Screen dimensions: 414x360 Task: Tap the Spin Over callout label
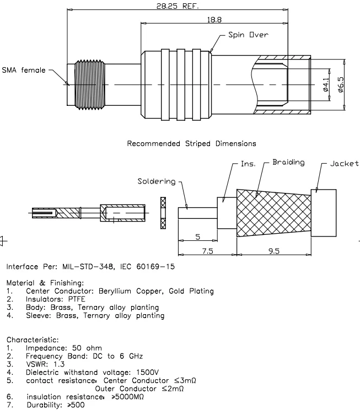coord(248,35)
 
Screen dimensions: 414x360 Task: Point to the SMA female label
coord(24,71)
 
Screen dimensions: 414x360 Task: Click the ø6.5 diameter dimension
coord(341,84)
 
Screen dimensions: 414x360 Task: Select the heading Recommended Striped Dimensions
coord(191,143)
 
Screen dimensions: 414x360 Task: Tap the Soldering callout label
coord(157,181)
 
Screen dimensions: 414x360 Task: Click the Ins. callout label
coord(248,164)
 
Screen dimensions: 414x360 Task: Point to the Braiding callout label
coord(288,163)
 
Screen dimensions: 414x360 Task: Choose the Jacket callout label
coord(344,164)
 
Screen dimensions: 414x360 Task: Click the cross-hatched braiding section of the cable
coord(272,213)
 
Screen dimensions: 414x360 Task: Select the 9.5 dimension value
coord(274,251)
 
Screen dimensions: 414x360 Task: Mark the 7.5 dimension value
coord(207,251)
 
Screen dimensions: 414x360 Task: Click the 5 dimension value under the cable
coord(197,238)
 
